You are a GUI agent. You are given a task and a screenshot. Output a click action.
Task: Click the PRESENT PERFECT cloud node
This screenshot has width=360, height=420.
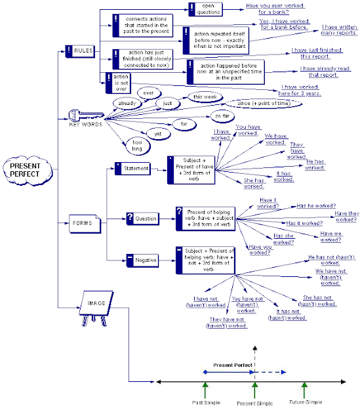pos(25,170)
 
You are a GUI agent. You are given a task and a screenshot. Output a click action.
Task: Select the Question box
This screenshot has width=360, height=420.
pos(141,218)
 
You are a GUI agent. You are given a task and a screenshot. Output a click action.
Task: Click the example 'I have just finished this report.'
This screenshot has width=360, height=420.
pos(317,53)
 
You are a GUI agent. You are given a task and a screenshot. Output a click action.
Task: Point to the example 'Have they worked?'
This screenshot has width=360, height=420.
pos(345,216)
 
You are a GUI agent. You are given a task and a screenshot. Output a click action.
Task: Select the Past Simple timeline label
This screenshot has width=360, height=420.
pos(206,402)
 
